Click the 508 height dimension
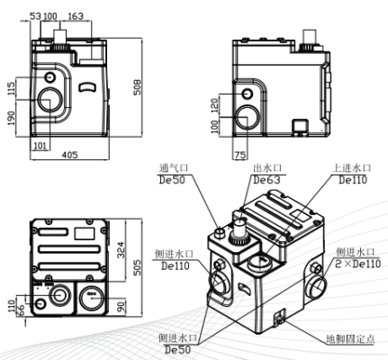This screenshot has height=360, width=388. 137,87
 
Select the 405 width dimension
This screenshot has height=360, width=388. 69,155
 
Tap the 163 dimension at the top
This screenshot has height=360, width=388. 75,16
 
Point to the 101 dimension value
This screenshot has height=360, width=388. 41,146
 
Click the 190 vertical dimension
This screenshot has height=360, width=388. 11,118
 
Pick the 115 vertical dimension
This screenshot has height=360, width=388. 11,88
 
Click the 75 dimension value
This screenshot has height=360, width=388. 240,155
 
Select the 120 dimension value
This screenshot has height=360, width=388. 215,105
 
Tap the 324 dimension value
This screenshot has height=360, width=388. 121,250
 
